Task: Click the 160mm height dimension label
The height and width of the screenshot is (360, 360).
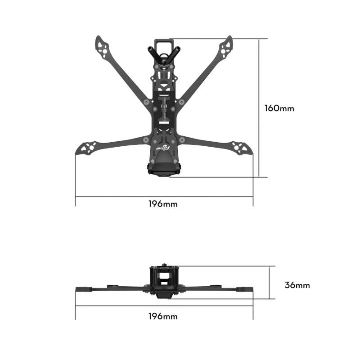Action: (x=279, y=108)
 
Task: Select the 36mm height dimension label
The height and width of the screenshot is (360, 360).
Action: (x=297, y=285)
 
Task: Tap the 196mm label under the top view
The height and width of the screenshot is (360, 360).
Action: (x=163, y=204)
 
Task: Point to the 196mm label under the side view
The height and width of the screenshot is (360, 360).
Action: (x=163, y=316)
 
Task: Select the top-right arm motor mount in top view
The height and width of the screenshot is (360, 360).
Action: (x=226, y=46)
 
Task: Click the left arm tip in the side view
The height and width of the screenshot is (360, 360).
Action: (x=84, y=288)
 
